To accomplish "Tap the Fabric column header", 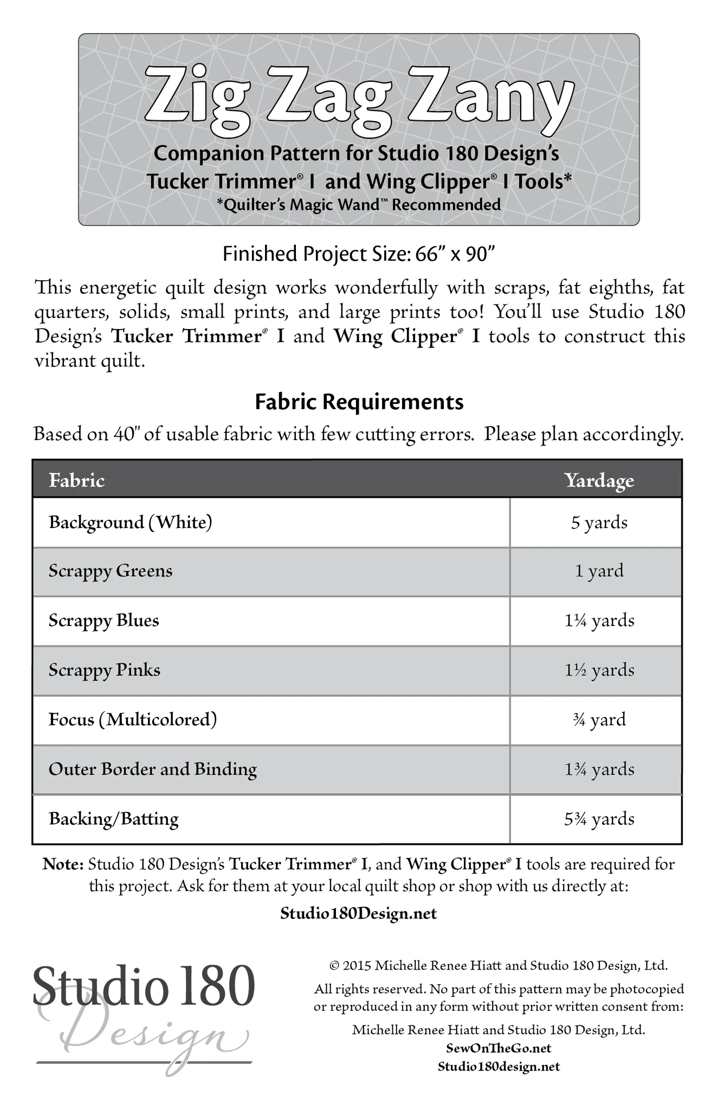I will (x=76, y=480).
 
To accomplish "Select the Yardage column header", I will (x=599, y=480).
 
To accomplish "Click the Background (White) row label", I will (x=130, y=522).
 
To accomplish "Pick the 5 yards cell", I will (x=599, y=522).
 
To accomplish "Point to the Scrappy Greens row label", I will (x=111, y=571).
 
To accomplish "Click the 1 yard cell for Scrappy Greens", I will (x=599, y=571).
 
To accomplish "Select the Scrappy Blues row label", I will (x=104, y=621).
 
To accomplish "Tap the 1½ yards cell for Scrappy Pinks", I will (x=599, y=670).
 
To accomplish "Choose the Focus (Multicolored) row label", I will (x=133, y=720).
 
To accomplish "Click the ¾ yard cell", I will (x=599, y=720).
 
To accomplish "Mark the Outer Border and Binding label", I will (x=153, y=769).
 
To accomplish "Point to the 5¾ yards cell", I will (x=599, y=818).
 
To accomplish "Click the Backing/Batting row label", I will (x=114, y=818).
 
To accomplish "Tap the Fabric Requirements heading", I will (x=359, y=402).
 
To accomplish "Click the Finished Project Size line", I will (x=359, y=254).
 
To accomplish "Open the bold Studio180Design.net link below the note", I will (x=359, y=914).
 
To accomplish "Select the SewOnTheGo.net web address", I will (x=499, y=1048).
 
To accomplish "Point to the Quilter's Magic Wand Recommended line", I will (x=359, y=205).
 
